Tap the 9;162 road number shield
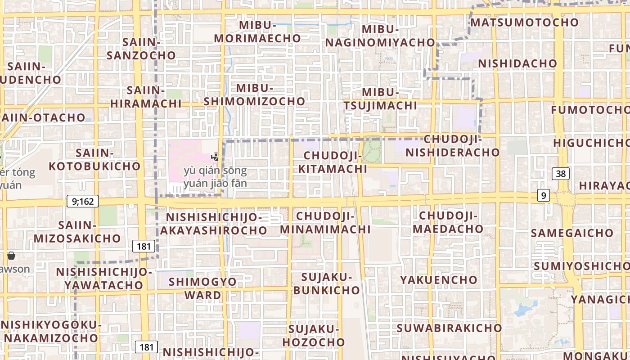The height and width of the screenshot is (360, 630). click(x=83, y=201)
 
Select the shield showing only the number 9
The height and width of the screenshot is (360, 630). click(x=544, y=195)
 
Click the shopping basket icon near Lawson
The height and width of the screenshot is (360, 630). click(x=11, y=256)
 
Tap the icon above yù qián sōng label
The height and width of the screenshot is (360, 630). click(x=216, y=157)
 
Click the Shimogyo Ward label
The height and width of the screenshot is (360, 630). click(x=202, y=288)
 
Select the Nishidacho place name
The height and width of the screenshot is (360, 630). click(x=517, y=63)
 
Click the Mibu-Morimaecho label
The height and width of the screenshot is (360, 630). click(x=257, y=31)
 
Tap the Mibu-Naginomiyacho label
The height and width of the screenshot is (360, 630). click(x=380, y=36)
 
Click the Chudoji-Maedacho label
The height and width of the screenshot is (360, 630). click(x=448, y=222)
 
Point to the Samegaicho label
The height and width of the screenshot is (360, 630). click(x=572, y=233)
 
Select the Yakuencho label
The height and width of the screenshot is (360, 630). click(x=439, y=280)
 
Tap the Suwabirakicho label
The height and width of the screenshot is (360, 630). click(x=449, y=328)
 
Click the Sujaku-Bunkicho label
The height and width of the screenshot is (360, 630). click(x=327, y=283)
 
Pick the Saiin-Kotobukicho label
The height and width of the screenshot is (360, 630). click(x=94, y=159)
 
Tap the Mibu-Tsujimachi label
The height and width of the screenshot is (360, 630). click(x=381, y=99)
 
